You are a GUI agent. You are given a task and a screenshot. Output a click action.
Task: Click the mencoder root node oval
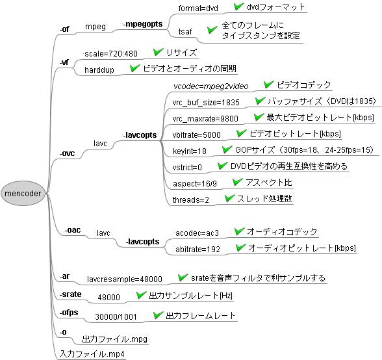pos(23,193)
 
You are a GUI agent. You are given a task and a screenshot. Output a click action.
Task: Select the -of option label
pos(64,29)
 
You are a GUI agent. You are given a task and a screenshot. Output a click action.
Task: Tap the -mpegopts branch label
pos(143,24)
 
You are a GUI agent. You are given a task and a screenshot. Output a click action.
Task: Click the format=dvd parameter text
pos(198,8)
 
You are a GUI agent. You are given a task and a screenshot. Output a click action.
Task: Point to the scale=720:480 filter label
pos(111,54)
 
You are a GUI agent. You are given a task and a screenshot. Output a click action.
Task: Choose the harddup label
pos(99,70)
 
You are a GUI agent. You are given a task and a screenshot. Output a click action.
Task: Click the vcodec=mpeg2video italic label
pos(210,86)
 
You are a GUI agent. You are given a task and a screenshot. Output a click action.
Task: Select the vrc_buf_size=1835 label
pos(206,103)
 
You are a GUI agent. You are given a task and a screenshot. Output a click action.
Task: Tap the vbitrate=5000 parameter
pos(197,135)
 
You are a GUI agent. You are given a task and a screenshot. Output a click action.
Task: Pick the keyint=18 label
pos(190,151)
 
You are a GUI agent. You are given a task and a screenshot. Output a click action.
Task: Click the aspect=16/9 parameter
pos(195,183)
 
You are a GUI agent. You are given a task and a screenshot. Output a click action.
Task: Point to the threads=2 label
pos(191,200)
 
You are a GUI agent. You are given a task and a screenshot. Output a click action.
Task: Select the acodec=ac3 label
pos(197,233)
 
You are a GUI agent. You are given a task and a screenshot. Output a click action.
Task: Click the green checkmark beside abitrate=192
pos(240,248)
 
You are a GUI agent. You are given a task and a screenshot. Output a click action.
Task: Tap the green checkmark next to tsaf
pos(212,30)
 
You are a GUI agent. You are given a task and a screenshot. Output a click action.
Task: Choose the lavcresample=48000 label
pos(125,279)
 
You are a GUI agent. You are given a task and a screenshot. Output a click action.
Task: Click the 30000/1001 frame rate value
pos(116,317)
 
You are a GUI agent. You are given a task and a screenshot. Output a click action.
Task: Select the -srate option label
pos(70,294)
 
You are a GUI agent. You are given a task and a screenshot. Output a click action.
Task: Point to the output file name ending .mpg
pos(115,339)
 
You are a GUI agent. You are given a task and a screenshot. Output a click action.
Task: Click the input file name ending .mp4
pos(92,354)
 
